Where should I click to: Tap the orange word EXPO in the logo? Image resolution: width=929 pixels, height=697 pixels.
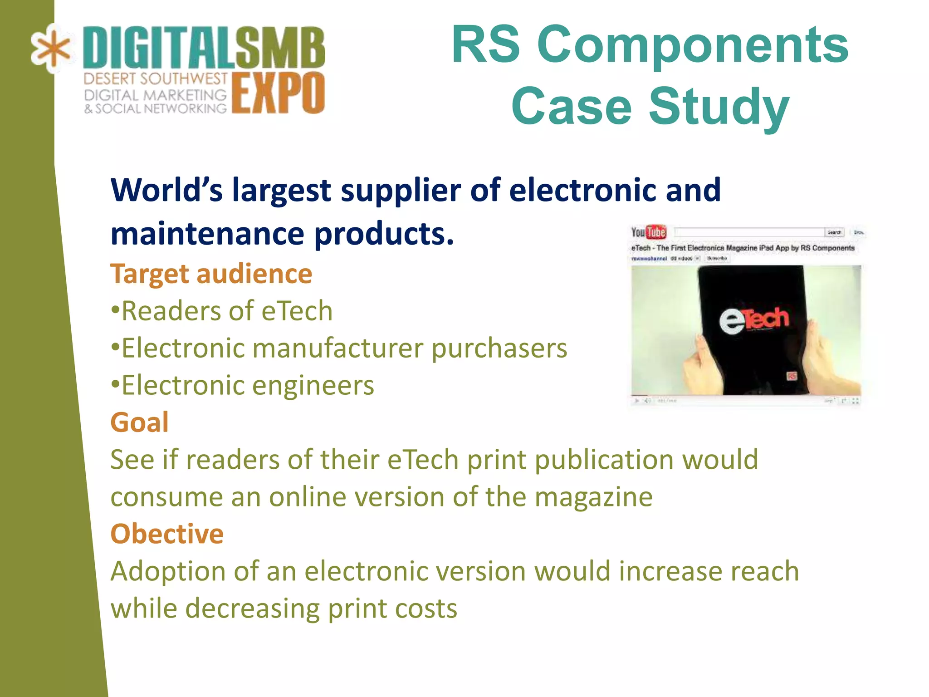[279, 93]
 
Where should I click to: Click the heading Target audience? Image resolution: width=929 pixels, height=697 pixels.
[211, 274]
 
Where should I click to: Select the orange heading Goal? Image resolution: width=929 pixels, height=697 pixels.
[139, 422]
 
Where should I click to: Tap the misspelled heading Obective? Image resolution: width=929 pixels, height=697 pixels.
[166, 534]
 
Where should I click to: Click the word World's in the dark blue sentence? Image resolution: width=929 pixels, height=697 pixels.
[166, 190]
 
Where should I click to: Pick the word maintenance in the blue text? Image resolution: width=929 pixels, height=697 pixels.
[207, 234]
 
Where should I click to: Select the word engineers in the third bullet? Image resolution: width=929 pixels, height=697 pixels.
[313, 386]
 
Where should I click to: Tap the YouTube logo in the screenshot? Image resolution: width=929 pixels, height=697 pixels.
[649, 232]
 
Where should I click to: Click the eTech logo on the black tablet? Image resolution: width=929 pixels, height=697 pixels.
[753, 319]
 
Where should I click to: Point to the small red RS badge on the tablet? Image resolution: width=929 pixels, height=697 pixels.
[792, 376]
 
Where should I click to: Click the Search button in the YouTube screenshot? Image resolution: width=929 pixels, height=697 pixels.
[834, 232]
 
